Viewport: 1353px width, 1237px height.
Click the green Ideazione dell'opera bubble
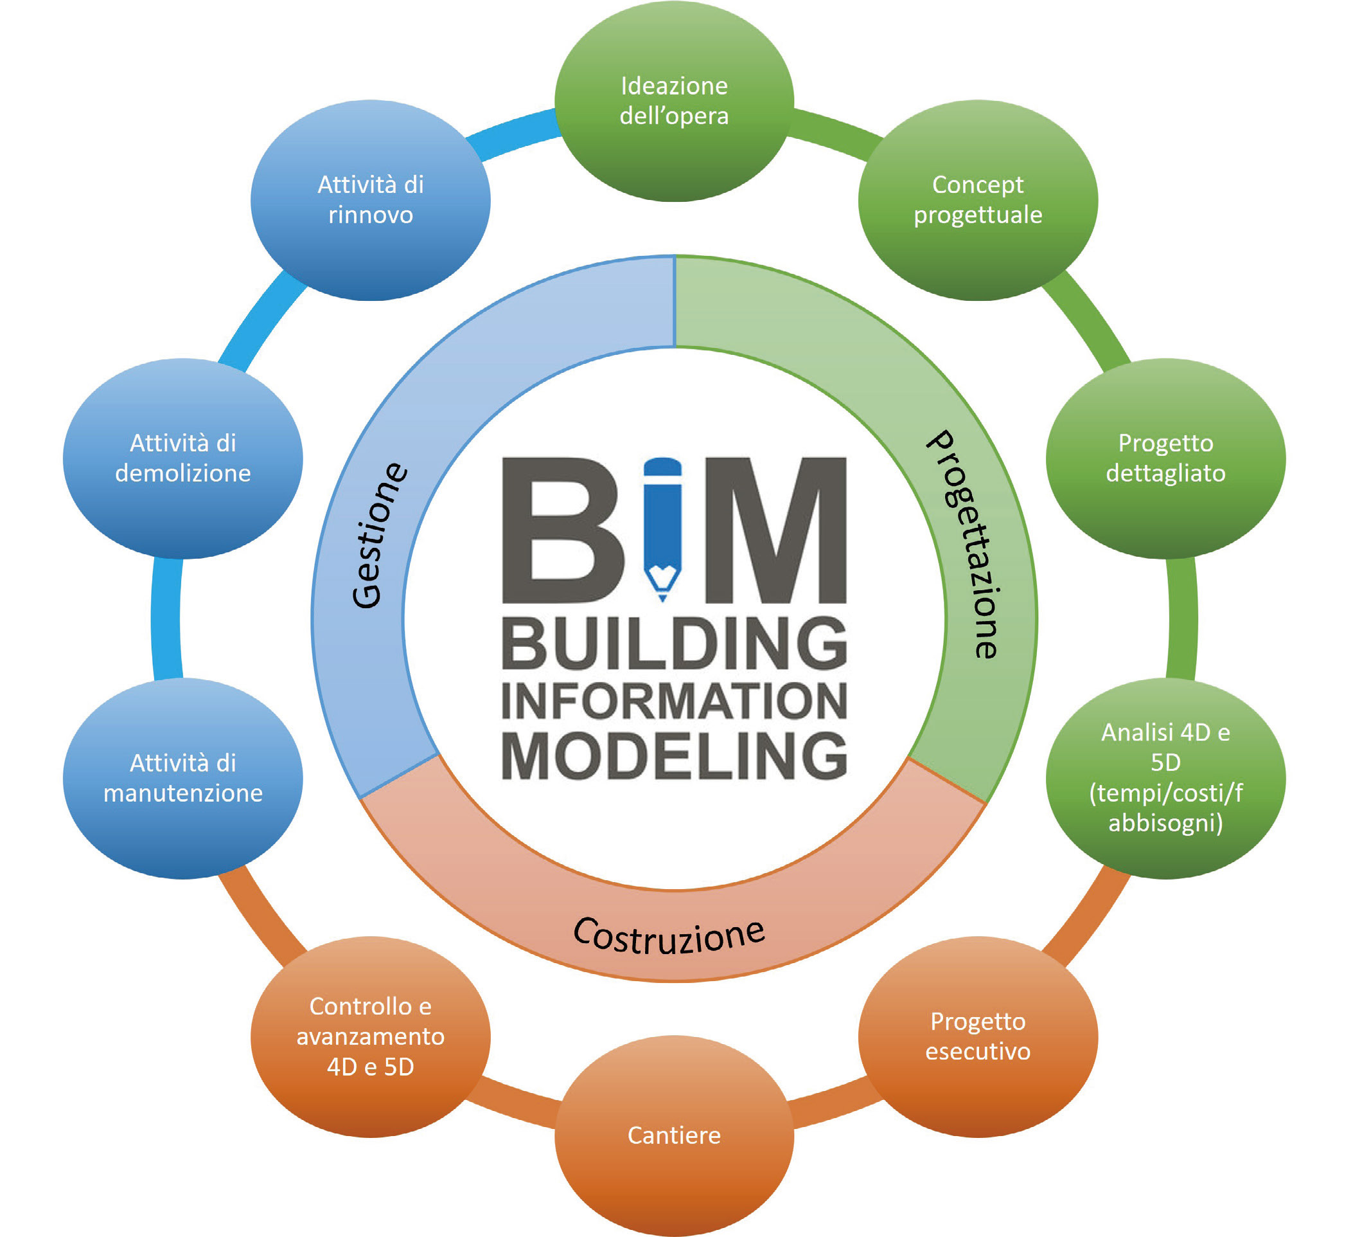674,101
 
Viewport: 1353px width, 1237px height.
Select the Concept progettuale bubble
978,199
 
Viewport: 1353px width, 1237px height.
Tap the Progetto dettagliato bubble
1166,458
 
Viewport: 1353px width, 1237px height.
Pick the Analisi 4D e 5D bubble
1166,778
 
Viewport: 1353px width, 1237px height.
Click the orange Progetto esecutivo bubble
978,1036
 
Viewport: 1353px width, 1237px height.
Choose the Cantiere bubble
674,1135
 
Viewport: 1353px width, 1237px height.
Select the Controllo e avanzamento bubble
371,1036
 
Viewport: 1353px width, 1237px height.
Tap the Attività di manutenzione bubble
182,778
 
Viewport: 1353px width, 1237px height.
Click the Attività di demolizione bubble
182,458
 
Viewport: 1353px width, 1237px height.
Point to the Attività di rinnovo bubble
371,199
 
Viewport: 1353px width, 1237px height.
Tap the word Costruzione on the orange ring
669,935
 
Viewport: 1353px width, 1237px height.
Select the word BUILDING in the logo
674,644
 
